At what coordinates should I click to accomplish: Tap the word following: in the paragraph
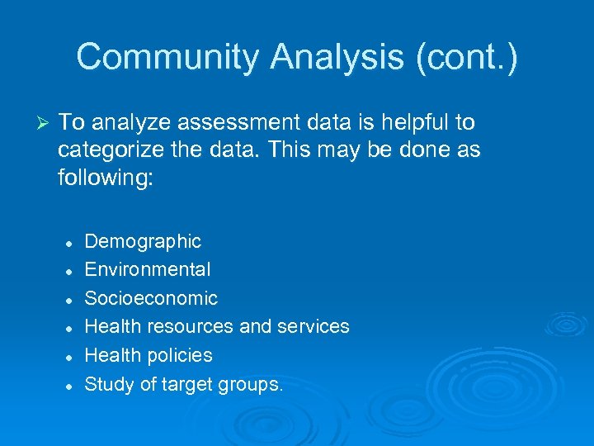pyautogui.click(x=106, y=179)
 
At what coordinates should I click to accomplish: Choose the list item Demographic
pyautogui.click(x=143, y=241)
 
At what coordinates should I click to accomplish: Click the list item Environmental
pyautogui.click(x=148, y=269)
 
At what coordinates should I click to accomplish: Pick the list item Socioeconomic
pyautogui.click(x=151, y=298)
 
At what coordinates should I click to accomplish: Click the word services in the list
pyautogui.click(x=313, y=326)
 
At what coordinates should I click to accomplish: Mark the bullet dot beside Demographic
pyautogui.click(x=71, y=243)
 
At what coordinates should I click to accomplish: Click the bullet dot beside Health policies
pyautogui.click(x=71, y=357)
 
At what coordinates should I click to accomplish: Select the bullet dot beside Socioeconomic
pyautogui.click(x=71, y=300)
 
